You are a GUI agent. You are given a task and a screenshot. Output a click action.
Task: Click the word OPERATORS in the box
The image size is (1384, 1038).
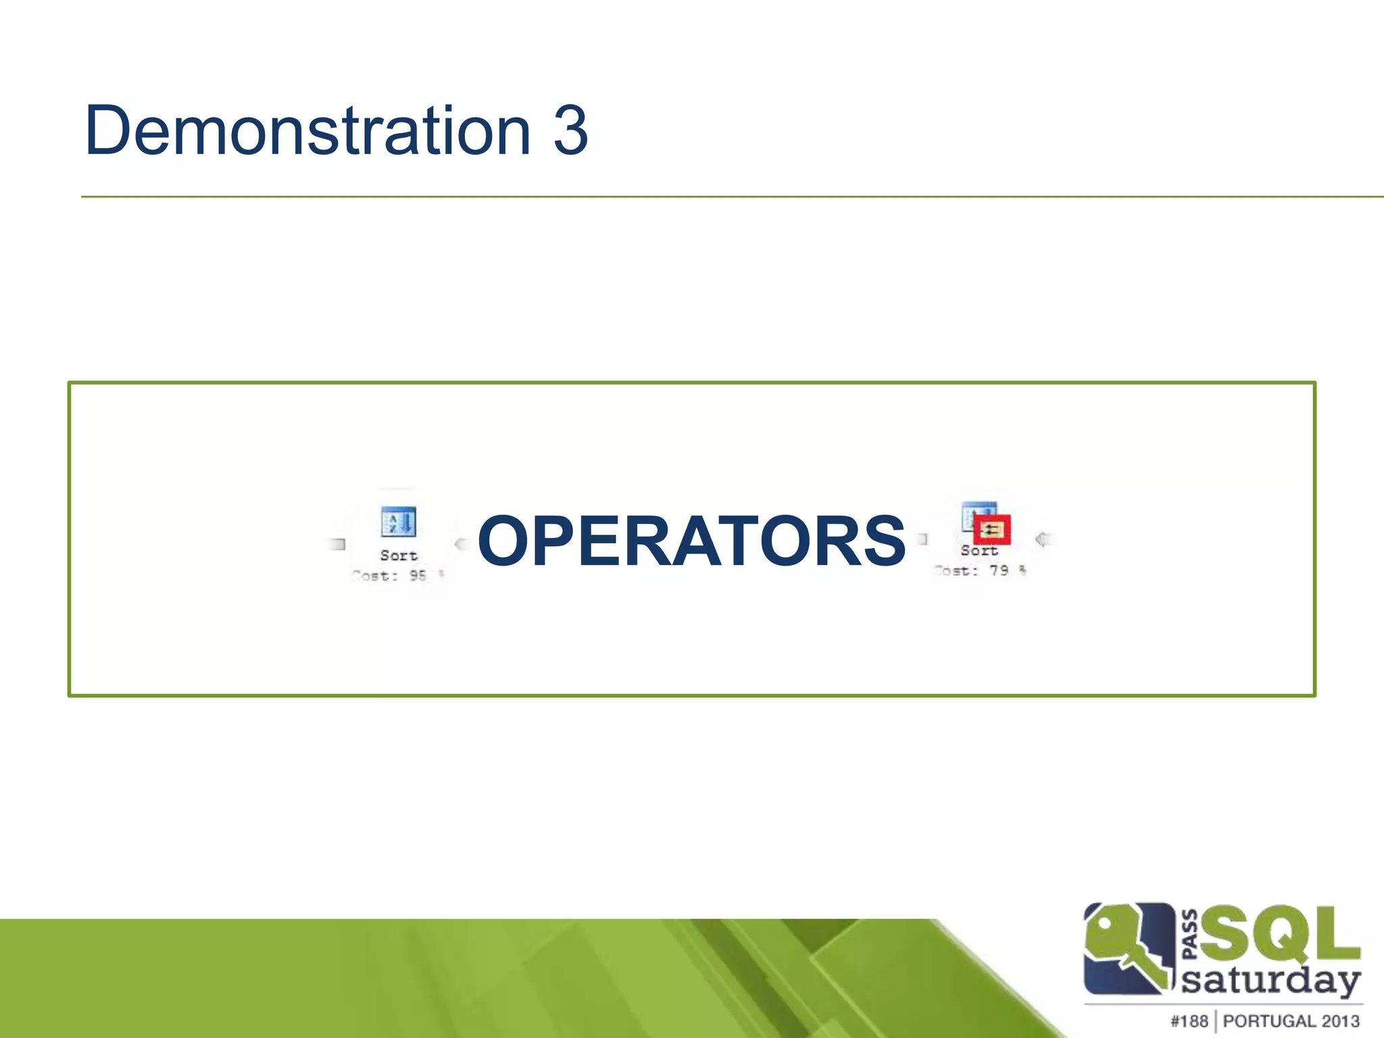(x=691, y=541)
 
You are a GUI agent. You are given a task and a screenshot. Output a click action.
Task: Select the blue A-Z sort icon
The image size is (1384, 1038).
(x=398, y=522)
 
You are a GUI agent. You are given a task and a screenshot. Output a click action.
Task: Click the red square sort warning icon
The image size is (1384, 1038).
(x=991, y=529)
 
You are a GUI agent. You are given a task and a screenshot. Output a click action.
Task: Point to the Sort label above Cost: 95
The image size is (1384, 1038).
(x=399, y=555)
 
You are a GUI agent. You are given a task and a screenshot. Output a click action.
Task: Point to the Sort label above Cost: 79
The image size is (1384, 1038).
(x=979, y=551)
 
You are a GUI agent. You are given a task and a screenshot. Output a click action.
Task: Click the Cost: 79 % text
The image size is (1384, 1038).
(x=980, y=571)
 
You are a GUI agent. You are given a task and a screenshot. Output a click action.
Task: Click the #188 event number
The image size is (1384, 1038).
(x=1189, y=1021)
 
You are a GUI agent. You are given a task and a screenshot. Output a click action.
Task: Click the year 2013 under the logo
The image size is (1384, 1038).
(x=1341, y=1021)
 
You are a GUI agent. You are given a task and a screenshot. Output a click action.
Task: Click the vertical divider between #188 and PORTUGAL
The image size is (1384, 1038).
(x=1215, y=1021)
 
